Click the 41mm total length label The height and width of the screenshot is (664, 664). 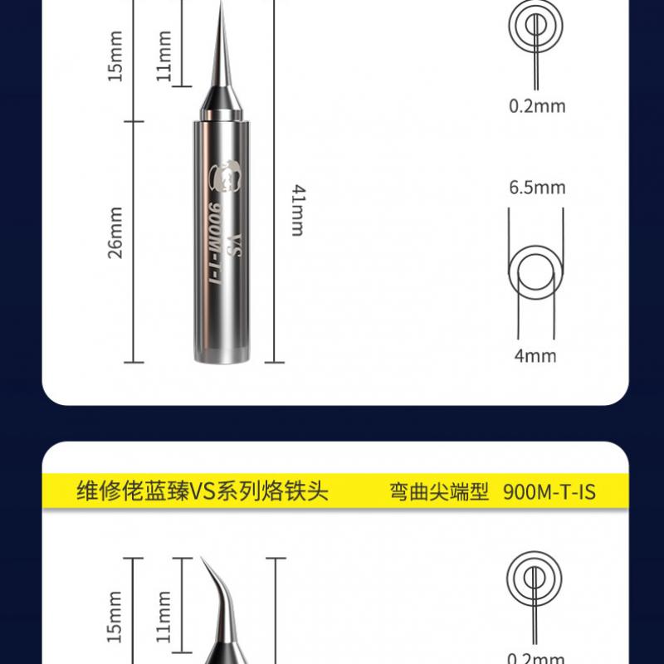click(297, 211)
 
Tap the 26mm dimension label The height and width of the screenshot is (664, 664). click(115, 232)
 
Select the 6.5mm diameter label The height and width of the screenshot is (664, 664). click(537, 188)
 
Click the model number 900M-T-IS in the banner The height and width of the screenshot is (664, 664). click(549, 492)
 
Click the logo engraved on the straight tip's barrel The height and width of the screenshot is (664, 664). click(226, 176)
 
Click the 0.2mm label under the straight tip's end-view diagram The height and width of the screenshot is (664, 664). click(537, 105)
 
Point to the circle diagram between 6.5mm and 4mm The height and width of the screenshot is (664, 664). click(536, 272)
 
